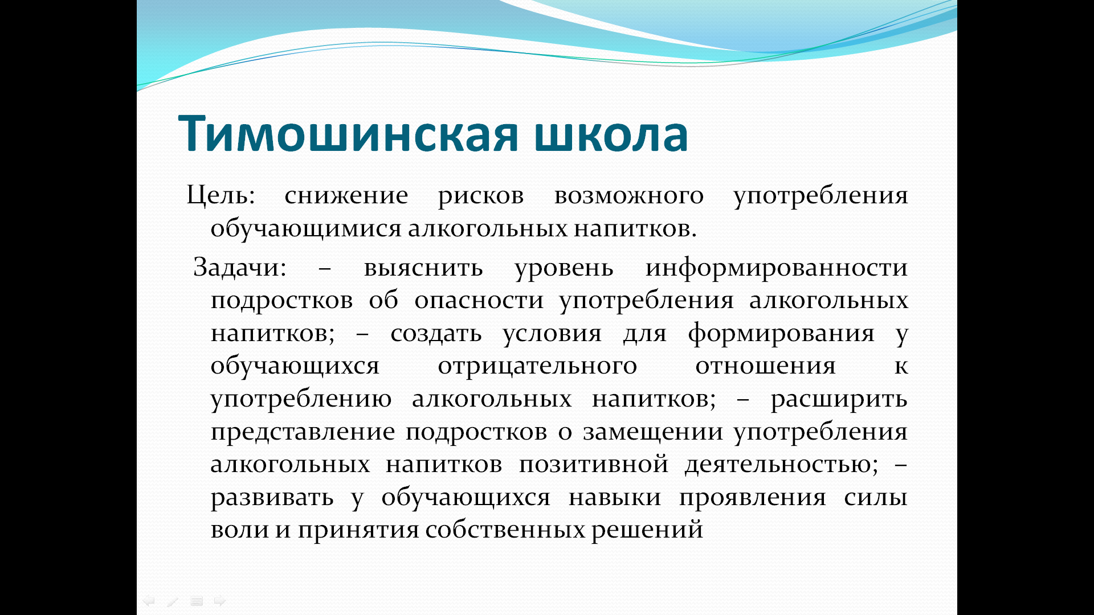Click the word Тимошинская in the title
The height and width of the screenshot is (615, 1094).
(x=348, y=134)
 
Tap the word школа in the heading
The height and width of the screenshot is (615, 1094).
(x=611, y=134)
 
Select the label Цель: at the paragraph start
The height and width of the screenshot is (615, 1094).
(x=221, y=195)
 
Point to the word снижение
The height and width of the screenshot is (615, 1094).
(x=346, y=195)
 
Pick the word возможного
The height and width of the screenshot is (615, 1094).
(x=629, y=195)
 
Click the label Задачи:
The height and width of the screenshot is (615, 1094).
(x=239, y=267)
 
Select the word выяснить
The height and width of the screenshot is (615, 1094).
(x=424, y=268)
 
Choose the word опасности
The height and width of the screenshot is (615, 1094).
(x=479, y=300)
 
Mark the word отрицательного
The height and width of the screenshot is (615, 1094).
(x=537, y=366)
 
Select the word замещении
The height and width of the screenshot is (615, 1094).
(x=653, y=432)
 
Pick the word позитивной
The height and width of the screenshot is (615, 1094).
(x=594, y=464)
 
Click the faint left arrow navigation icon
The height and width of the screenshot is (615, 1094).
(x=149, y=601)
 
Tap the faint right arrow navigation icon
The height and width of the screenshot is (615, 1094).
(x=220, y=601)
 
